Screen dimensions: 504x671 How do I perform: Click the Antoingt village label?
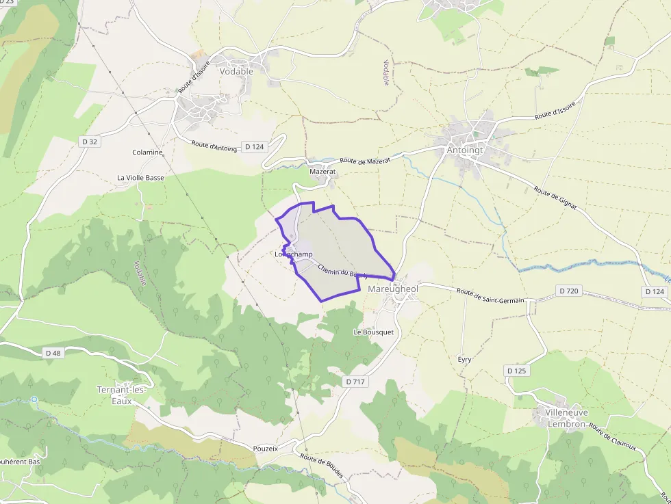pos(465,150)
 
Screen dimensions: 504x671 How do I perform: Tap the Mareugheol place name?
pos(392,289)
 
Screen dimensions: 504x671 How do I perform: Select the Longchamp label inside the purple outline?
pos(294,254)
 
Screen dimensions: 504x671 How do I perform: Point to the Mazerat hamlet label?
pos(322,172)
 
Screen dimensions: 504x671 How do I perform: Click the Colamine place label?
pos(147,152)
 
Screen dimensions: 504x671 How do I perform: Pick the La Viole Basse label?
pos(140,178)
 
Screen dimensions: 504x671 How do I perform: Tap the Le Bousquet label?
pos(373,332)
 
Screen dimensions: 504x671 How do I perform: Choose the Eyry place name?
pos(464,359)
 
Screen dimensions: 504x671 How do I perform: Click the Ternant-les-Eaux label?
pos(121,395)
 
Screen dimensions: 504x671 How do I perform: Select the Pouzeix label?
pos(266,449)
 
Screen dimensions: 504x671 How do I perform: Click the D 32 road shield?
pos(90,142)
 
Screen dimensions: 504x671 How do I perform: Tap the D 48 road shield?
pos(52,353)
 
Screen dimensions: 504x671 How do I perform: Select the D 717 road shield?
pos(355,382)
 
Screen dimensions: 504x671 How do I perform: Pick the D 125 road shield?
pos(517,371)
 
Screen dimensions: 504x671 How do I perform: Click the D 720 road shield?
pos(569,291)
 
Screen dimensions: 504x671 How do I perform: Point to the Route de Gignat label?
pos(555,198)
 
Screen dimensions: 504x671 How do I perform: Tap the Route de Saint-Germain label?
pos(490,295)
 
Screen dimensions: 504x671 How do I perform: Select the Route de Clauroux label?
pos(612,438)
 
